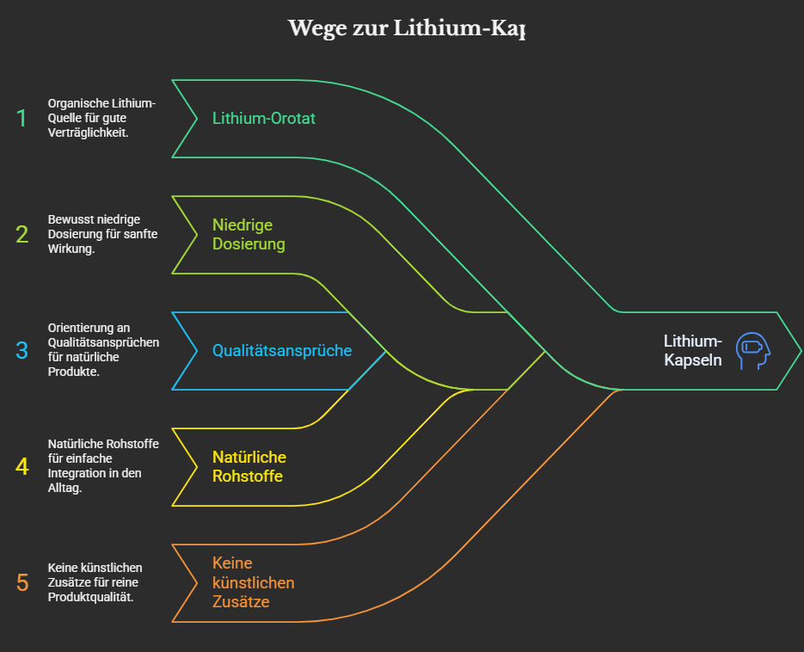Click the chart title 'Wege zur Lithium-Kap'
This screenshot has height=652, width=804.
tap(406, 28)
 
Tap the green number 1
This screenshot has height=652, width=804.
tap(22, 119)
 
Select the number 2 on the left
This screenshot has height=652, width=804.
tap(22, 234)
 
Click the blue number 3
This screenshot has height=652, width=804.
tap(22, 350)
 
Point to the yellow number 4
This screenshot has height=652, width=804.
tap(22, 466)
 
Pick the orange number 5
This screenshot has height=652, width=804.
tap(22, 582)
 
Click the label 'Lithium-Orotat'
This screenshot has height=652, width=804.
tap(264, 119)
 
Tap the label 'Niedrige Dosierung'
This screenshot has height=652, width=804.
tap(249, 234)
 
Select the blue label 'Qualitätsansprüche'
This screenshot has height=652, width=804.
tap(282, 351)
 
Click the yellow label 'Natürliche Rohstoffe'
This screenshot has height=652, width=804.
tap(249, 466)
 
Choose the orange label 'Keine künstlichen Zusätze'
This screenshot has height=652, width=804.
tap(253, 582)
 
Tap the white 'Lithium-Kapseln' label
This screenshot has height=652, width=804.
tap(693, 351)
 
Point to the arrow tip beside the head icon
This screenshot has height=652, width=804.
tap(797, 350)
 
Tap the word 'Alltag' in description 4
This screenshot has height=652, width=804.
tap(65, 488)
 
